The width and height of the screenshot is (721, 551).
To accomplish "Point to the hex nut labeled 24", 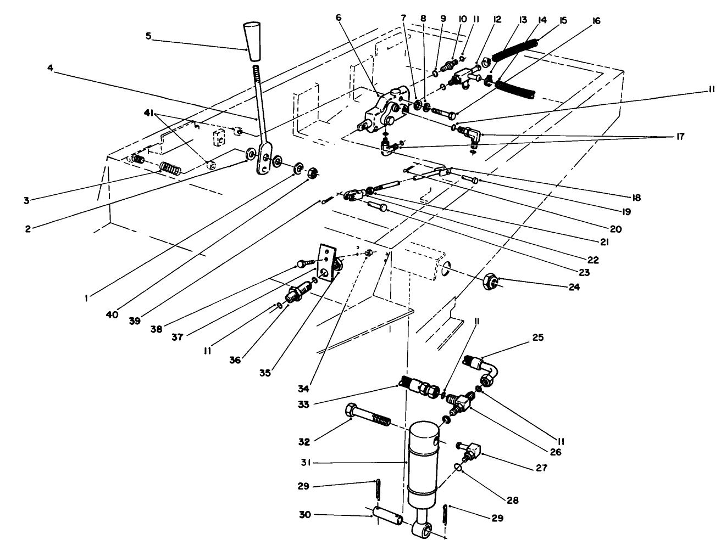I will [490, 283].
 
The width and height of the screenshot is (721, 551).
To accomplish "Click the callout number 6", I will [339, 18].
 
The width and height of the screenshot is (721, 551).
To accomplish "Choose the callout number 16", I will [596, 21].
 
